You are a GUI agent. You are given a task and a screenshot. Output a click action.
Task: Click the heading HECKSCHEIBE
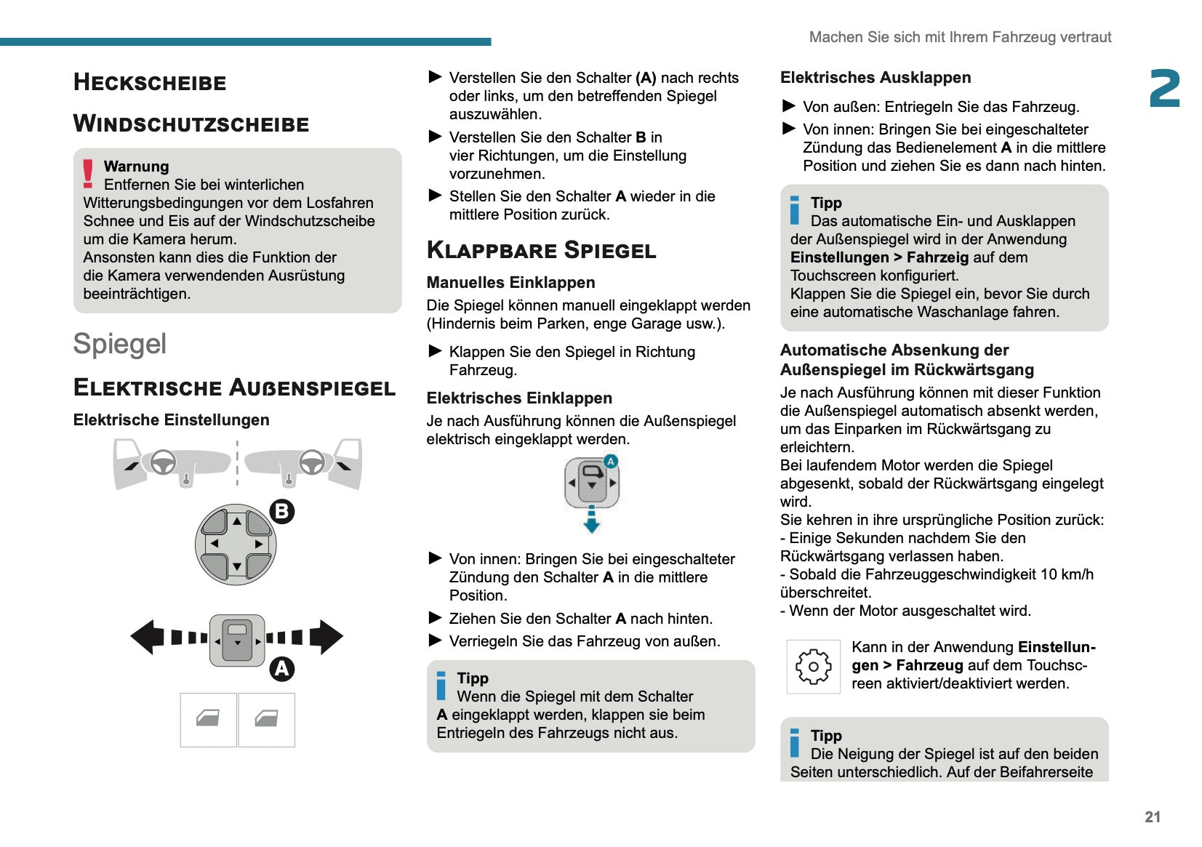pos(150,82)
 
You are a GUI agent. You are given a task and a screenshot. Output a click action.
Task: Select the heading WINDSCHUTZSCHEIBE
pos(191,124)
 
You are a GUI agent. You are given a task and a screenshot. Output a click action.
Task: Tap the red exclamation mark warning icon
pos(88,174)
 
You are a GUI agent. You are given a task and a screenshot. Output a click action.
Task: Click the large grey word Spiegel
pos(120,344)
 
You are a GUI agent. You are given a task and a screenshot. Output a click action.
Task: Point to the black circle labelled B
pos(282,511)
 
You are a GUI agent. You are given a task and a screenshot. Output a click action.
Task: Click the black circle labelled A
pos(282,669)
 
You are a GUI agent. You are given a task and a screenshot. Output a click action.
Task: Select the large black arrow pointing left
pos(147,637)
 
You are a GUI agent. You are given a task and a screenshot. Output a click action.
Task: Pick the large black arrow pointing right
pos(326,637)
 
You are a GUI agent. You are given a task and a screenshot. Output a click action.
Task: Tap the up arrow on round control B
pos(236,521)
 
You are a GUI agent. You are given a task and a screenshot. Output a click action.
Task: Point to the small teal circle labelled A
pos(611,461)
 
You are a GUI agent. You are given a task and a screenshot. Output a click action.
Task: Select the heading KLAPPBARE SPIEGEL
pos(541,250)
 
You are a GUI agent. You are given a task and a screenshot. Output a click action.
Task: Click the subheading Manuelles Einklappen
pos(510,283)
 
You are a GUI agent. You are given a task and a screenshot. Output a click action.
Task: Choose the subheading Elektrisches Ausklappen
pos(876,78)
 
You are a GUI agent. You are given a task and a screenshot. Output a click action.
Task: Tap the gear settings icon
pos(813,666)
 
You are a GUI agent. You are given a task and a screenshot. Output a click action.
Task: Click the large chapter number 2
pos(1165,89)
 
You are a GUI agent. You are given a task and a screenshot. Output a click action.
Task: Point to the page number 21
pos(1153,816)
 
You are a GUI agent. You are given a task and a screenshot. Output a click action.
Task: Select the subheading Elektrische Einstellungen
pos(172,420)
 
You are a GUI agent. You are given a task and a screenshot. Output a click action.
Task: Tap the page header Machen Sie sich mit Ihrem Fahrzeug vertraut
pos(960,37)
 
